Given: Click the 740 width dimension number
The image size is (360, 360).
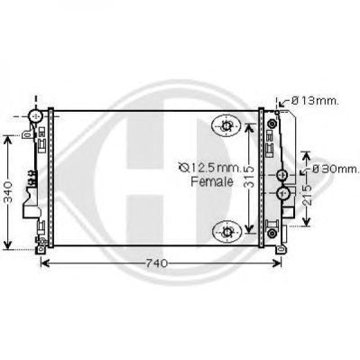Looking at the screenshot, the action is pos(156,263).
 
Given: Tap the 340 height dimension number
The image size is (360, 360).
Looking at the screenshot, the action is pos(9,192).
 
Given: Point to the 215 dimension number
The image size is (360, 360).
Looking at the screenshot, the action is pos(307,196).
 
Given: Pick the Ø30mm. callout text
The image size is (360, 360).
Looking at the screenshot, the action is pos(336,169).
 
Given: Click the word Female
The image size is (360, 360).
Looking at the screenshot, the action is pos(212,181).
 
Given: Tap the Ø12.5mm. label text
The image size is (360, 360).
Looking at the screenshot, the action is pos(209,168).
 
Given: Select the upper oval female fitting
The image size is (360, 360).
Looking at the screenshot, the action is pos(226,125).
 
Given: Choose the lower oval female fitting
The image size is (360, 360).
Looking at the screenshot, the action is pos(226,232).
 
